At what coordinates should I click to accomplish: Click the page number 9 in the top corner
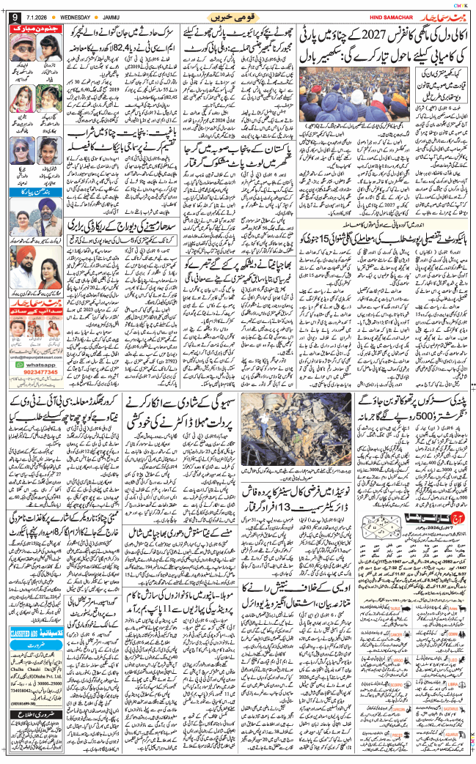pyautogui.click(x=10, y=16)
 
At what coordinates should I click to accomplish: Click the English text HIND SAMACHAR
pyautogui.click(x=379, y=16)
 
